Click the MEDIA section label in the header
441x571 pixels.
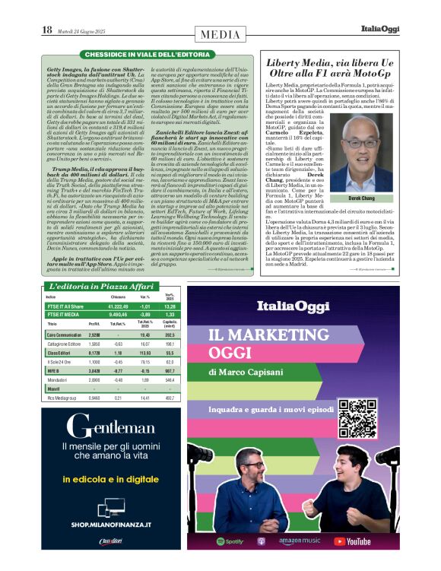220,34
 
